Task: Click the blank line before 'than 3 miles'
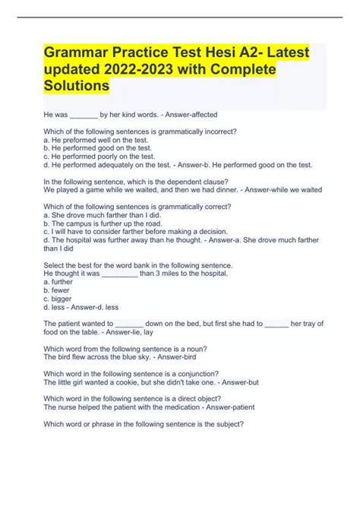coord(118,273)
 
